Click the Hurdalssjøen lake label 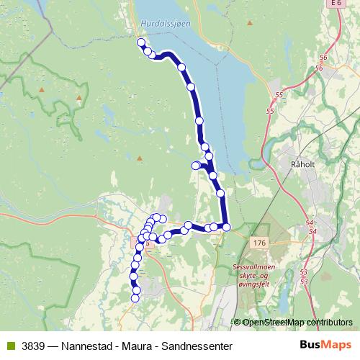[166, 22]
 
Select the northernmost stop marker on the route [142, 42]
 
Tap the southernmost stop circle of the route [135, 298]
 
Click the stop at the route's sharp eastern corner [226, 227]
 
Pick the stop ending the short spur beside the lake [195, 166]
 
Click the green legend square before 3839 [9, 346]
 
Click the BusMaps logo [325, 345]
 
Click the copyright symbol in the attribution [237, 322]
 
